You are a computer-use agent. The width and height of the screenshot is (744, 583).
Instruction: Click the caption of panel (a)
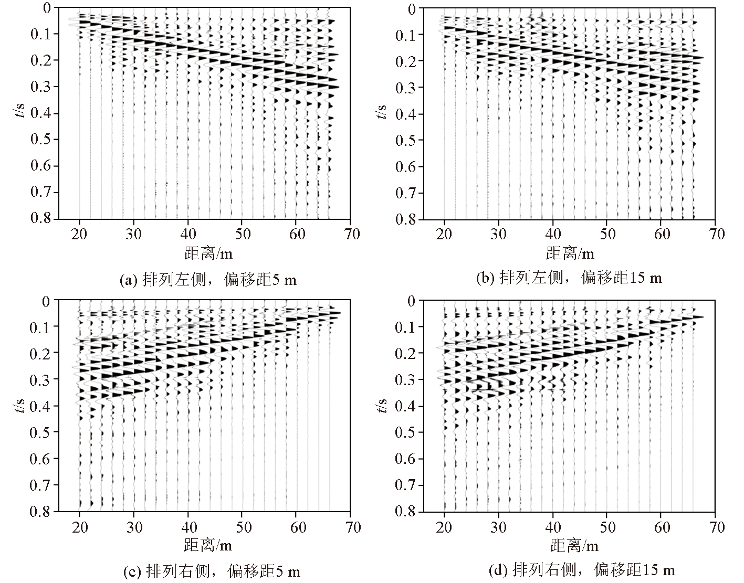click(208, 280)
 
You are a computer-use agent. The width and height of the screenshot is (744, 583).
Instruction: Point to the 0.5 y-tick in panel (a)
click(42, 140)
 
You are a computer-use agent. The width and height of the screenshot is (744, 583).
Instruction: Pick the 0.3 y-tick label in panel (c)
click(42, 379)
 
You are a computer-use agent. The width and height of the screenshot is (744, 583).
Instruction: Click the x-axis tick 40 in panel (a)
click(188, 234)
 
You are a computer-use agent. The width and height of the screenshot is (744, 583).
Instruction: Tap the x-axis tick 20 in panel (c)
click(79, 526)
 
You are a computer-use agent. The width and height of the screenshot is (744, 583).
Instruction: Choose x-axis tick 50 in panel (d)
click(607, 526)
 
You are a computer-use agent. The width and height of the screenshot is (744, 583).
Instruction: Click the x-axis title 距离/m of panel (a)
click(208, 254)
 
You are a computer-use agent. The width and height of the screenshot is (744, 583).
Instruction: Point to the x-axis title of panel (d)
click(574, 546)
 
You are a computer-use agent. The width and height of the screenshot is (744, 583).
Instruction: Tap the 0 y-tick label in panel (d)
click(412, 301)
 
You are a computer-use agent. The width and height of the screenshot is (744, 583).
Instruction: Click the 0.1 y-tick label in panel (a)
click(42, 34)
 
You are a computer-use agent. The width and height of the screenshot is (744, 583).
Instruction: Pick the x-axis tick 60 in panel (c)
click(297, 526)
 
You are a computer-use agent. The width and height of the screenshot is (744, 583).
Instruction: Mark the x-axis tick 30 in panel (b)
click(498, 234)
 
